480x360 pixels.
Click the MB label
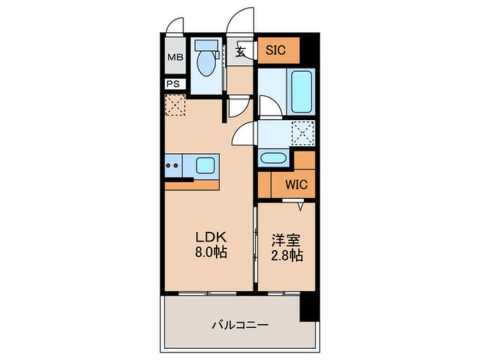tap(174, 57)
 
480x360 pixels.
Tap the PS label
tap(174, 84)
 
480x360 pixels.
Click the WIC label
tap(296, 185)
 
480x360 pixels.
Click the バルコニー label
tap(240, 325)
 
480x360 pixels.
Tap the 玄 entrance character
tap(241, 52)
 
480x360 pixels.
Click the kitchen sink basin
tap(206, 166)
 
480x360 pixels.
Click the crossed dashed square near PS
tap(175, 106)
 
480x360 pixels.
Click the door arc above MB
tap(176, 26)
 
